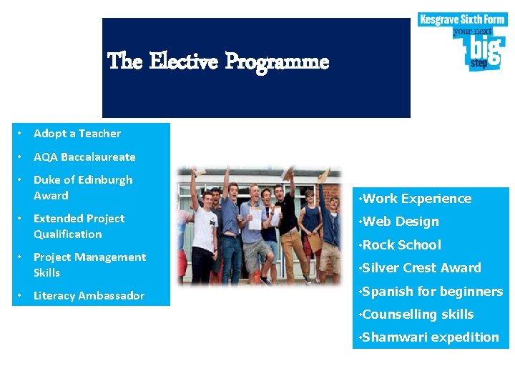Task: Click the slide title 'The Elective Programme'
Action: tap(218, 62)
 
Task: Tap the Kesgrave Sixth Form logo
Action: tap(461, 41)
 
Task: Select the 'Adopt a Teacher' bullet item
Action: tap(77, 134)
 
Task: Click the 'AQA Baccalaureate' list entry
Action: tap(84, 157)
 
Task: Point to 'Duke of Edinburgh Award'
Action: tap(82, 187)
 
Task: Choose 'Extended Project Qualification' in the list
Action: tap(79, 226)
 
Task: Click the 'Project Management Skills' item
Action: tap(89, 264)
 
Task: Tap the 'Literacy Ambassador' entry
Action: tap(89, 296)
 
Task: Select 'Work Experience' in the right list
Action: tap(417, 199)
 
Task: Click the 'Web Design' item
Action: tap(401, 222)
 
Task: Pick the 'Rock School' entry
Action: tap(402, 244)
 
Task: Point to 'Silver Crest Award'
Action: tap(422, 268)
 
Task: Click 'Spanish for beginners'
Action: tap(433, 291)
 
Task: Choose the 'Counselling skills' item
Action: tap(418, 314)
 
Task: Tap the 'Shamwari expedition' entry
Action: tap(431, 337)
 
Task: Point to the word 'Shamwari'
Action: tap(393, 337)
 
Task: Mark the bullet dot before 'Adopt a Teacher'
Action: tap(23, 134)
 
